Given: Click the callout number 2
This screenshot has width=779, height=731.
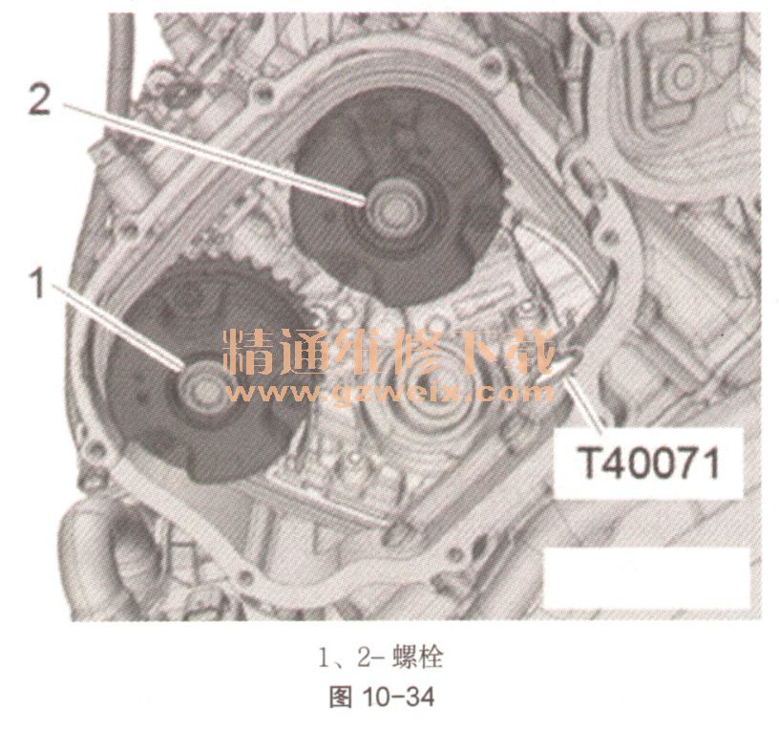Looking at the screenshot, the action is (39, 98).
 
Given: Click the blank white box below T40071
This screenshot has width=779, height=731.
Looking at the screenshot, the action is (646, 578).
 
